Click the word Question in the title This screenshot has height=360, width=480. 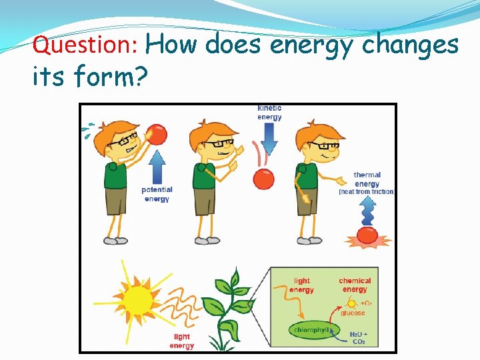(85, 46)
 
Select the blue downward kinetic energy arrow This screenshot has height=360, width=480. (269, 139)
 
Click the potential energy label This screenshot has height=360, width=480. (157, 194)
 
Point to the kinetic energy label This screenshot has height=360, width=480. (269, 113)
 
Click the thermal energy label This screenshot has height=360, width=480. (367, 180)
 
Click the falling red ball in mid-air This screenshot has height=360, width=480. (263, 179)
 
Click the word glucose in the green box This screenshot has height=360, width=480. (353, 313)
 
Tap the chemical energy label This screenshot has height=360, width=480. (355, 285)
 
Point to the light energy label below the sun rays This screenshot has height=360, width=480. (181, 341)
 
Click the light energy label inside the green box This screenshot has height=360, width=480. (301, 285)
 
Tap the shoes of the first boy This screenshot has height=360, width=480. (115, 240)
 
